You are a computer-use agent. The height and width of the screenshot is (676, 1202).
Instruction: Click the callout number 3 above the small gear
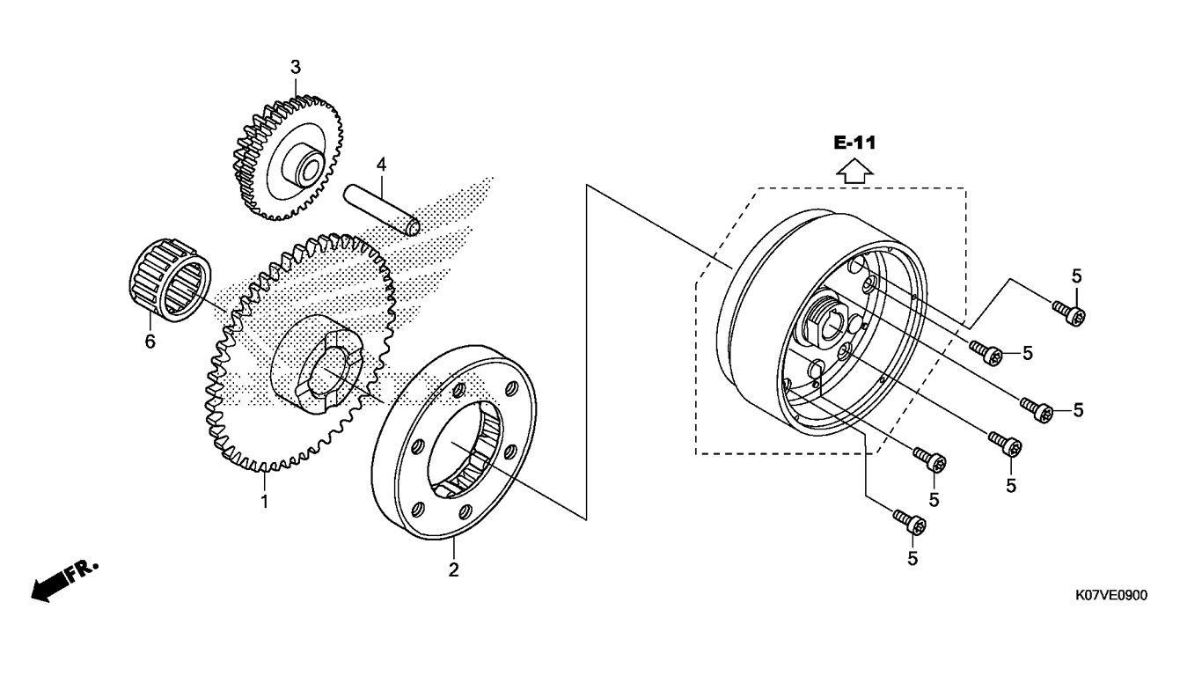click(296, 68)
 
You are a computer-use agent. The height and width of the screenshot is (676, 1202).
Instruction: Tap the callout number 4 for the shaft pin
click(381, 165)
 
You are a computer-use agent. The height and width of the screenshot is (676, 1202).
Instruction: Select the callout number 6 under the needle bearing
click(150, 341)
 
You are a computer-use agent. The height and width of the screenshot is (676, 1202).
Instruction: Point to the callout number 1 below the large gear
click(264, 502)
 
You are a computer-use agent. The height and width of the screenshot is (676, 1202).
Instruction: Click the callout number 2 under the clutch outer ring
click(453, 570)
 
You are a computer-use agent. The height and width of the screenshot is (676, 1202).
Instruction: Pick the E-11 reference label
click(854, 143)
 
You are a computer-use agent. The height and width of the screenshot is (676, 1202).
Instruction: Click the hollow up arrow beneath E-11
click(854, 172)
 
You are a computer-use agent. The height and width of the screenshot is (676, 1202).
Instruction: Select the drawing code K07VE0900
click(1111, 595)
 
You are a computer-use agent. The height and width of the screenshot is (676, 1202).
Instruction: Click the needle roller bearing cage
click(171, 280)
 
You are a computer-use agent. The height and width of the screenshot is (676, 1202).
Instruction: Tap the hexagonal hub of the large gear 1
click(320, 364)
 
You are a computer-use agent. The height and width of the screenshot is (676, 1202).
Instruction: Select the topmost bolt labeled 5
click(1069, 312)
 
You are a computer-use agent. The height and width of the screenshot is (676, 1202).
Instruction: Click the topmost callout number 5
click(1076, 277)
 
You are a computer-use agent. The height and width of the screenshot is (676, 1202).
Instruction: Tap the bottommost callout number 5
click(912, 559)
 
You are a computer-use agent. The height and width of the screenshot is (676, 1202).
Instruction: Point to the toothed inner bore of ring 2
click(465, 450)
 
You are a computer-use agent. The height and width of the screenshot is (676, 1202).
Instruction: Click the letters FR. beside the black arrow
click(83, 570)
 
